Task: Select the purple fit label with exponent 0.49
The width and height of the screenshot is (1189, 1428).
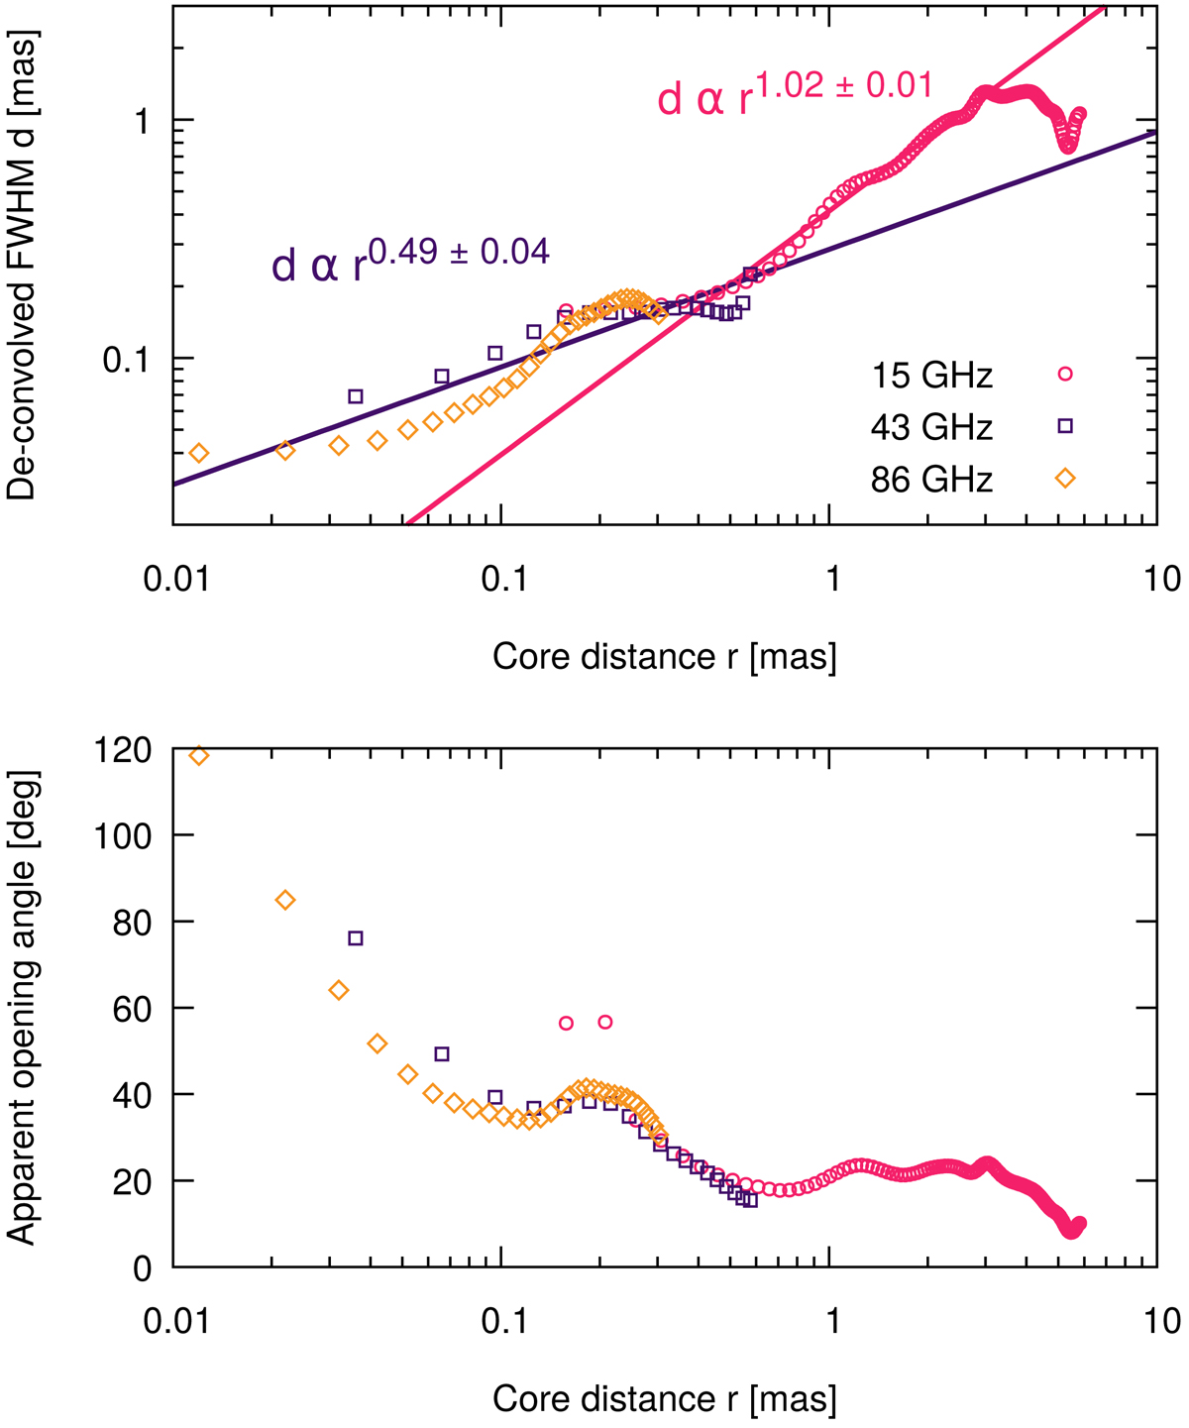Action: (x=410, y=260)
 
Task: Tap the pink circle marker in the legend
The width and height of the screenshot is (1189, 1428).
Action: (x=1065, y=375)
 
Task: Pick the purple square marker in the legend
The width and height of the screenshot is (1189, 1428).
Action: (x=1065, y=426)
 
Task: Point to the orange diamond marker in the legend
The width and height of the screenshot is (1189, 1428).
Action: (x=1065, y=479)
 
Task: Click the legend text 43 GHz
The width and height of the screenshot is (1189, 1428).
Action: (x=931, y=427)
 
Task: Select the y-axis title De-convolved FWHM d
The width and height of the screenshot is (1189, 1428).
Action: (x=21, y=266)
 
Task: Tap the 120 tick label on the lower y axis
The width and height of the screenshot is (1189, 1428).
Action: (x=124, y=749)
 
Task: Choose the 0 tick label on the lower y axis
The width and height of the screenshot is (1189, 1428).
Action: (x=143, y=1267)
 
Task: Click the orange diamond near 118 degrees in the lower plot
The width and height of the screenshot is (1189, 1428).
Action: (x=199, y=756)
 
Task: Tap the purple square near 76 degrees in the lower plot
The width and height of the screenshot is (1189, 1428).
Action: (x=356, y=938)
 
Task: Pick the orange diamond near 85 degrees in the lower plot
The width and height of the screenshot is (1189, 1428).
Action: (x=285, y=900)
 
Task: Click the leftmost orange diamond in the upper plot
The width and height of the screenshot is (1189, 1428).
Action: (x=199, y=453)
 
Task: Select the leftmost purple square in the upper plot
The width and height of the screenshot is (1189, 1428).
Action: (x=356, y=396)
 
